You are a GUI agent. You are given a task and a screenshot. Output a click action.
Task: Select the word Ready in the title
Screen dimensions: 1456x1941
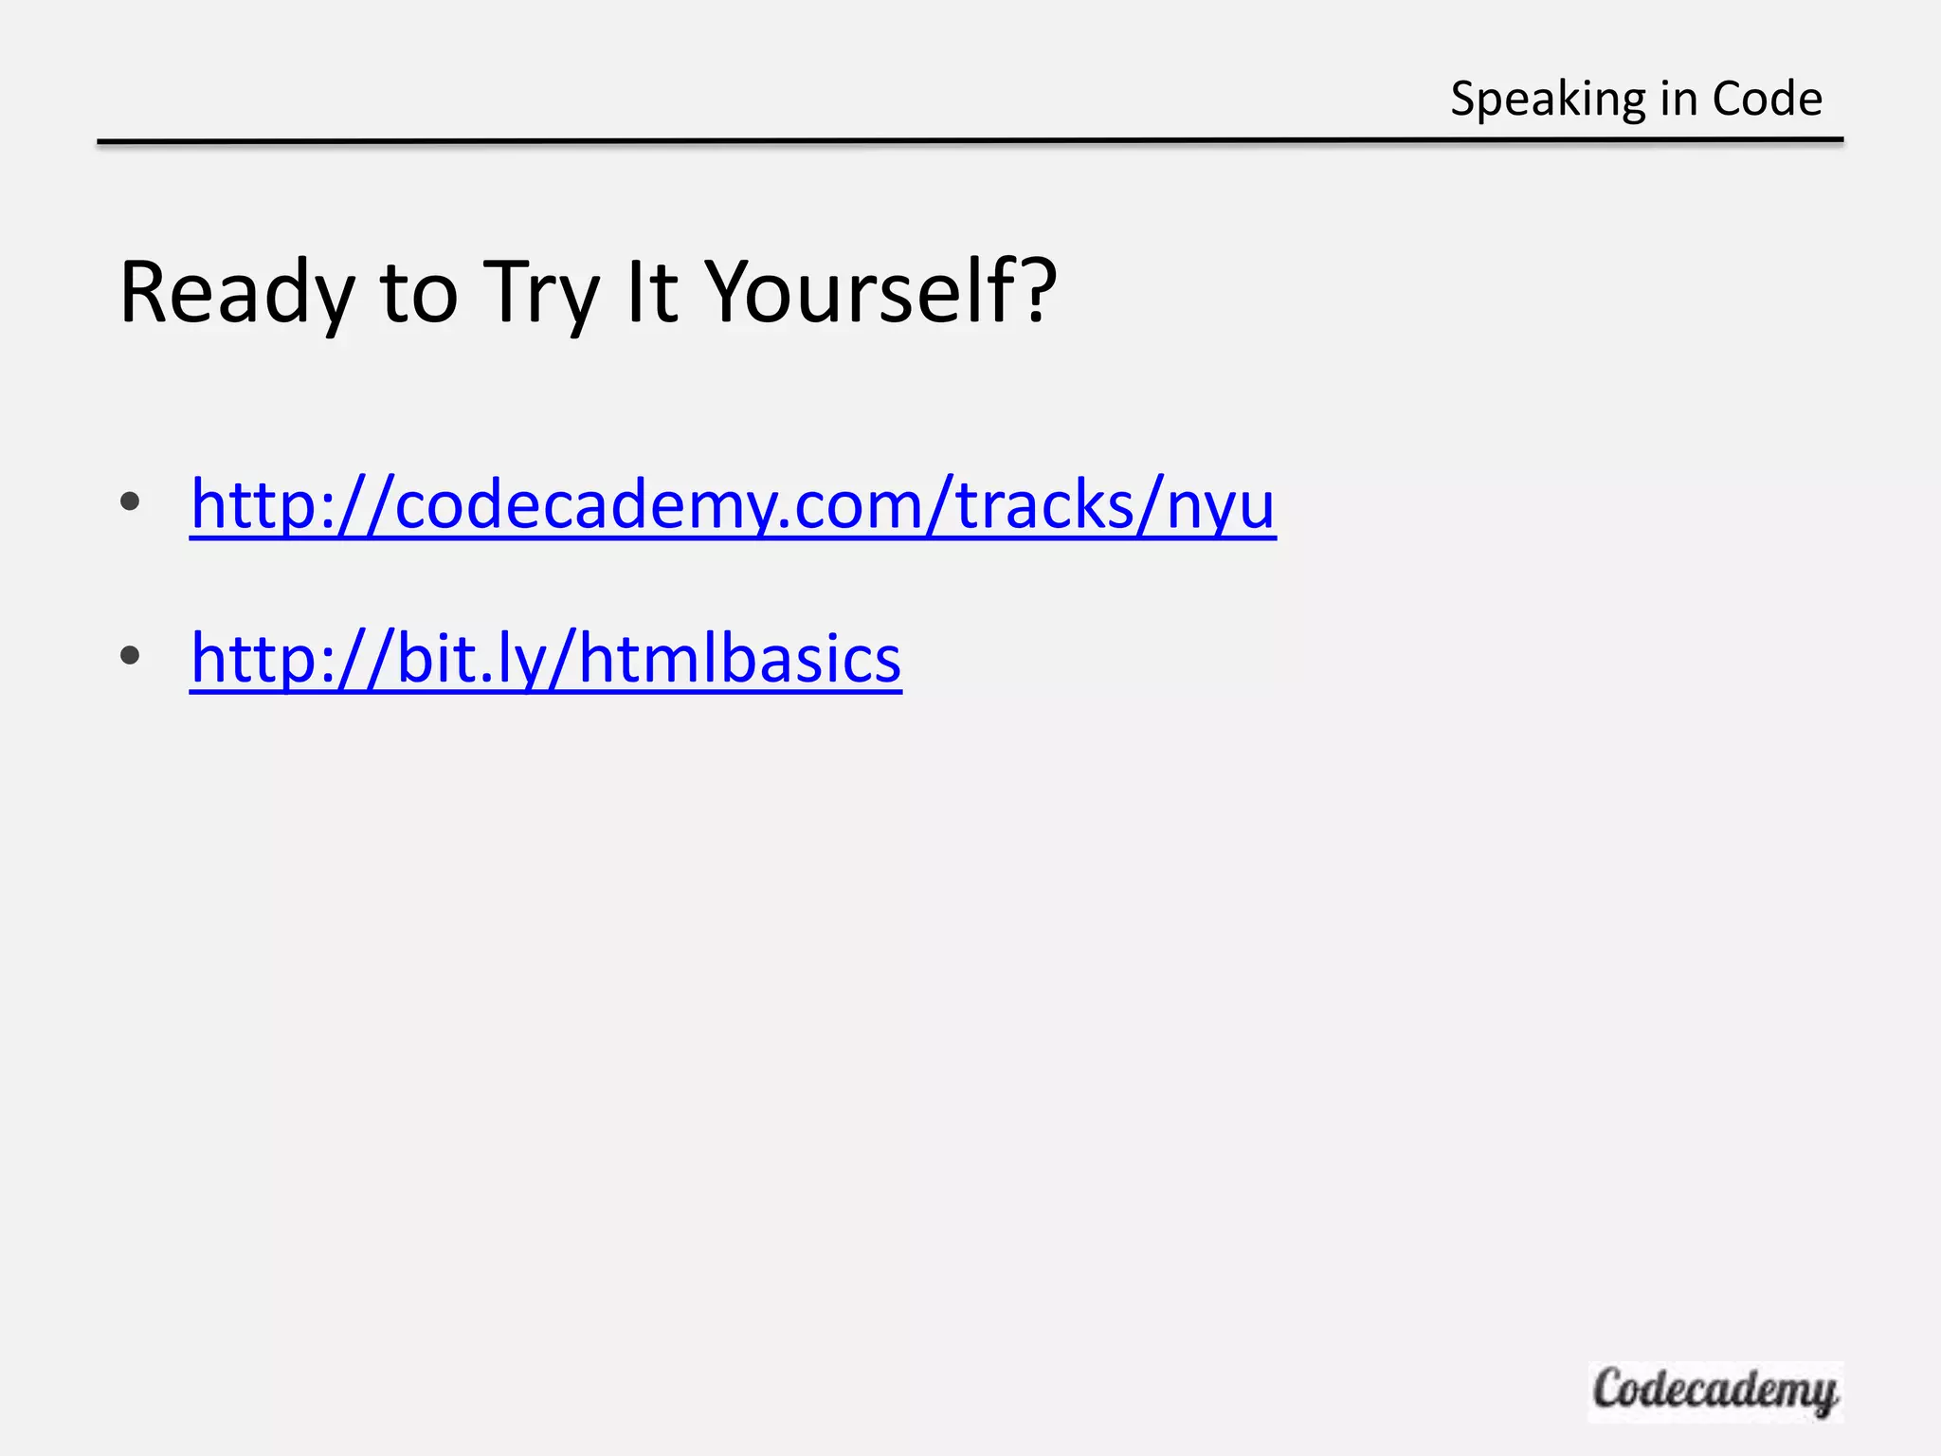(x=236, y=293)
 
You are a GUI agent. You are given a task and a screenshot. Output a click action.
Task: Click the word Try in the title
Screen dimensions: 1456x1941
(x=541, y=293)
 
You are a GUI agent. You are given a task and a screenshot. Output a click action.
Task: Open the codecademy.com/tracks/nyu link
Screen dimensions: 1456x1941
(x=733, y=505)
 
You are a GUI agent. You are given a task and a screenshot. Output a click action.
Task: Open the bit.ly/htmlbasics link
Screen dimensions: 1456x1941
(x=545, y=659)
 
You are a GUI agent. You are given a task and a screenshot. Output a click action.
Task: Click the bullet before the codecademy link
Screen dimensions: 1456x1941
(x=131, y=502)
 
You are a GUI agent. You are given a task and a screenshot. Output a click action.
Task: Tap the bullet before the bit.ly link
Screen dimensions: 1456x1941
(x=131, y=655)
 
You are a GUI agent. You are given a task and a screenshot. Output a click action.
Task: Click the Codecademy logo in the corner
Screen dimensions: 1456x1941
(x=1714, y=1391)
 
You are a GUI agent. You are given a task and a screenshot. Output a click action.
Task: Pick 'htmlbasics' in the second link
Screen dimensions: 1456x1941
(x=739, y=659)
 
